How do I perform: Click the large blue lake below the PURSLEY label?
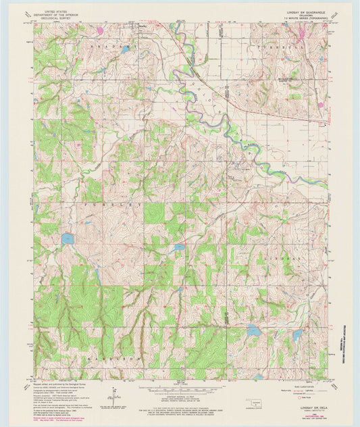tap(67, 238)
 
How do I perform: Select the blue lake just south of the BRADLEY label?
tap(125, 49)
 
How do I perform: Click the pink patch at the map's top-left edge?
tap(100, 30)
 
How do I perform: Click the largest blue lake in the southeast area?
tap(253, 330)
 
